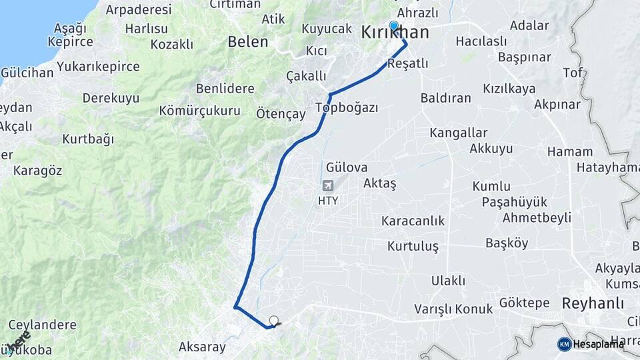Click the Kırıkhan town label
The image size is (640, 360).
click(x=395, y=33)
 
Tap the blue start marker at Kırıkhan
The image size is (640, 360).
click(x=393, y=27)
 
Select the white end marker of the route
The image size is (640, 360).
click(x=273, y=321)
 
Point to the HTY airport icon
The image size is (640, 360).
click(x=327, y=185)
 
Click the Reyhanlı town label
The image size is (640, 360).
click(x=593, y=303)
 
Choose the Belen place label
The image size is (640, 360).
click(x=248, y=42)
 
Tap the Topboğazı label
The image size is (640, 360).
click(x=347, y=108)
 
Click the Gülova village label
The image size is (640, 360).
click(x=347, y=167)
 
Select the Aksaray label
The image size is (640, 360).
click(x=202, y=347)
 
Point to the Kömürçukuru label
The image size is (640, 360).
click(x=199, y=111)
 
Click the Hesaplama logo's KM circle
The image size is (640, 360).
click(x=565, y=344)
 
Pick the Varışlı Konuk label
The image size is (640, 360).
click(x=453, y=309)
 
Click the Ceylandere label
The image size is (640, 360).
click(x=42, y=325)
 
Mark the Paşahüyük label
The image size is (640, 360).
click(x=514, y=202)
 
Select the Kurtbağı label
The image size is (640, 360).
click(x=88, y=139)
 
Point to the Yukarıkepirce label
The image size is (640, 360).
click(x=98, y=67)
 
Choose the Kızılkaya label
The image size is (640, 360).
click(x=509, y=89)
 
